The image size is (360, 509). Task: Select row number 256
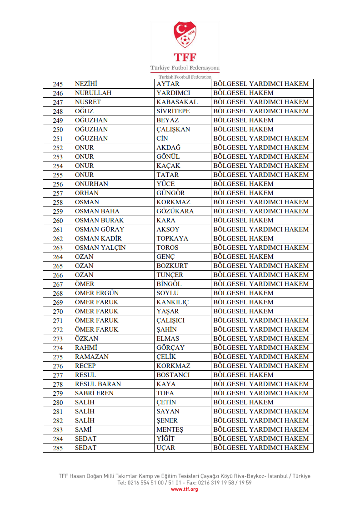[x=58, y=184]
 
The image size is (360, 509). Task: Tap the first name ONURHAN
[x=91, y=184]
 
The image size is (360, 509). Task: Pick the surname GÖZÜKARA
[x=175, y=211]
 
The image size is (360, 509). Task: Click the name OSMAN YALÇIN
[x=100, y=247]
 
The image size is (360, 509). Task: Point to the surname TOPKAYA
[x=172, y=238]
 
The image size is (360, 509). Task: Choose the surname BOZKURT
[x=172, y=266]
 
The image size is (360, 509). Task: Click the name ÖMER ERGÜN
[x=96, y=293]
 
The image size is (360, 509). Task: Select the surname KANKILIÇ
[x=172, y=302]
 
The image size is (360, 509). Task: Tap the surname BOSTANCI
[x=173, y=375]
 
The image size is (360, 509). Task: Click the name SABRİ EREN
[x=94, y=393]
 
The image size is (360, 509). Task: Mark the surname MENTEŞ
[x=170, y=429]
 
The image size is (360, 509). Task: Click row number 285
[x=58, y=448]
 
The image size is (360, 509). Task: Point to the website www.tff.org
[x=184, y=489]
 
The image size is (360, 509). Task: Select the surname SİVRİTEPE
[x=173, y=111]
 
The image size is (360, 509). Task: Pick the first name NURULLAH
[x=93, y=93]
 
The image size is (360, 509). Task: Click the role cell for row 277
[x=243, y=375]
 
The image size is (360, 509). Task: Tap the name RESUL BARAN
[x=98, y=384]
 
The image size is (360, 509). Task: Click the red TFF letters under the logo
[x=185, y=58]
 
